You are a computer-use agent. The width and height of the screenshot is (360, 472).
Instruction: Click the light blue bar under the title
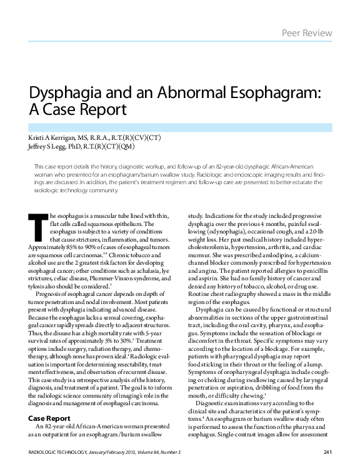click(180, 127)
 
